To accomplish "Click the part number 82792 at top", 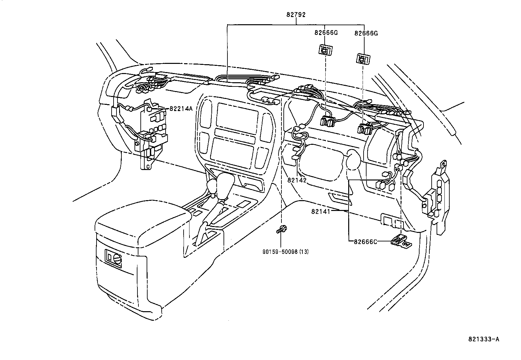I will (296, 14).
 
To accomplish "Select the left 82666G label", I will (326, 33).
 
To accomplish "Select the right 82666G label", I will (366, 33).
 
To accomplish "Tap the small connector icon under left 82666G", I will (326, 50).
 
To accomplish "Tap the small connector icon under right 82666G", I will (363, 59).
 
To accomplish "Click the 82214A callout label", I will (181, 108).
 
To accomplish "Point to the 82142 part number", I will (297, 180).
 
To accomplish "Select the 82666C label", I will (366, 242).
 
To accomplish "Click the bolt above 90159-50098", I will (281, 229).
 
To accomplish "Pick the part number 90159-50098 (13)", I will (285, 252).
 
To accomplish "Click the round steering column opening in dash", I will (353, 159).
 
